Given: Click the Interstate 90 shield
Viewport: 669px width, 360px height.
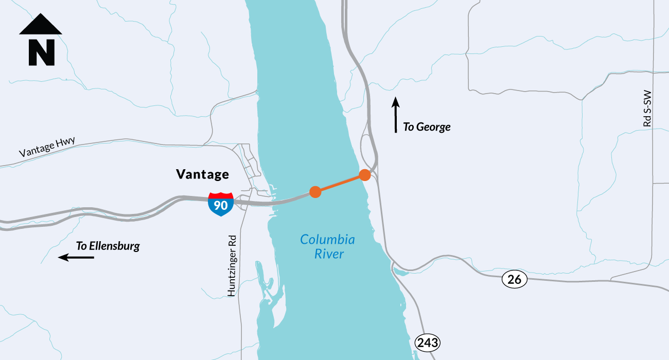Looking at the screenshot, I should tap(221, 204).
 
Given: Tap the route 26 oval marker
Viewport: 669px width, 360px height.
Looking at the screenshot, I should tap(514, 280).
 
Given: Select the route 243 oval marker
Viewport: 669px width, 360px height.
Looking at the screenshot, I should tap(428, 343).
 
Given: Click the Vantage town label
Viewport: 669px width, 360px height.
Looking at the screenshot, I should tap(202, 174).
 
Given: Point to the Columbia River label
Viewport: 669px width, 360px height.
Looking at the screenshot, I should tap(327, 246).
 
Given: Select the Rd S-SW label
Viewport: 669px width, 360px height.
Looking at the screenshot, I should tap(647, 109).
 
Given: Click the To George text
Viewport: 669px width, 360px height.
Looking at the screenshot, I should tap(427, 127).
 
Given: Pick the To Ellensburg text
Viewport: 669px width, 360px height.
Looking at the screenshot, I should tap(108, 246).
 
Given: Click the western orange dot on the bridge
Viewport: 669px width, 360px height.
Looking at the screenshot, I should tap(315, 192).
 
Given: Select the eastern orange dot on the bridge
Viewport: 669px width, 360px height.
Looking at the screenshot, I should tap(365, 175).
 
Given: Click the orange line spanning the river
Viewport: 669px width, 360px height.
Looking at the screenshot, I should tap(340, 184).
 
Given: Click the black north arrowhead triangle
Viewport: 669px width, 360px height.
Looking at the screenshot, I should tap(41, 25).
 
